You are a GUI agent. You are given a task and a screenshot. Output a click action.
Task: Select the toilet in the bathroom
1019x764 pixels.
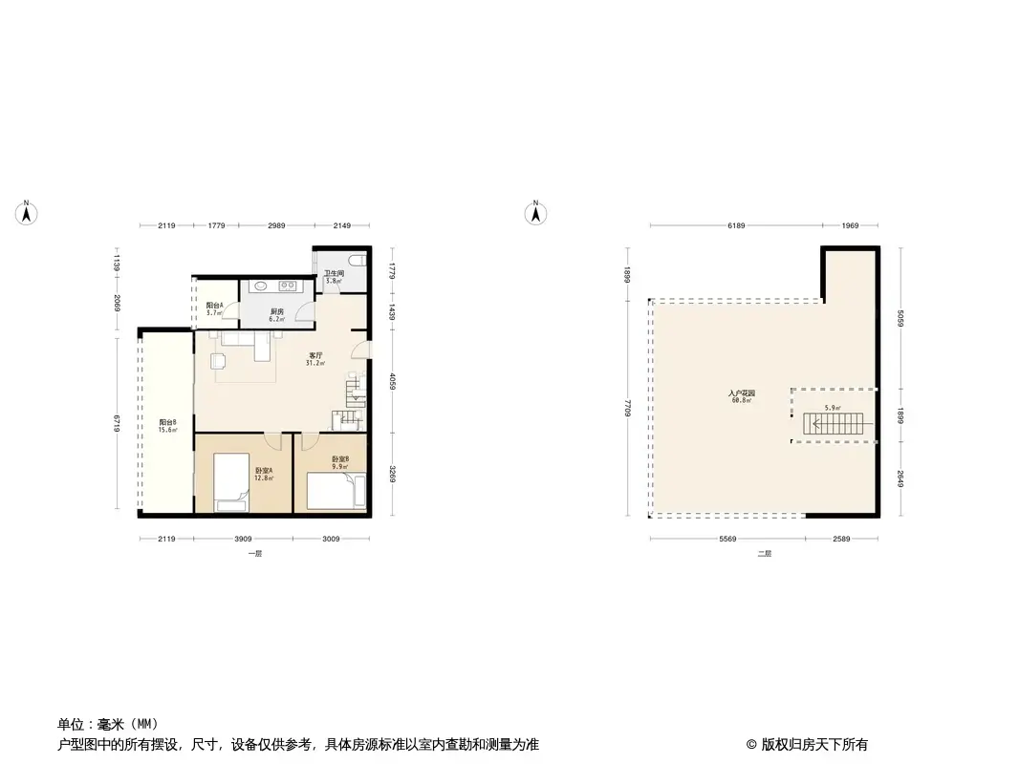[x=356, y=261]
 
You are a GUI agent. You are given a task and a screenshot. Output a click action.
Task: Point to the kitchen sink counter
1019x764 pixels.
[x=274, y=286]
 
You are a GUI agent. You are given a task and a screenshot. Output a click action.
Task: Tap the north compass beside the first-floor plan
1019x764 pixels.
[x=29, y=214]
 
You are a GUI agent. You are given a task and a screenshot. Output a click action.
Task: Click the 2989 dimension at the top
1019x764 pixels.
[x=277, y=225]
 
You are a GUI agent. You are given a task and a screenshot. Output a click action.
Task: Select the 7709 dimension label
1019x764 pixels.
[x=626, y=408]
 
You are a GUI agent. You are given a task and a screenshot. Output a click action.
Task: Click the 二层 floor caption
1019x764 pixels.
[x=764, y=554]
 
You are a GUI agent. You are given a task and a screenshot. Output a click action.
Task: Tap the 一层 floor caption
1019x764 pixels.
[x=253, y=554]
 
